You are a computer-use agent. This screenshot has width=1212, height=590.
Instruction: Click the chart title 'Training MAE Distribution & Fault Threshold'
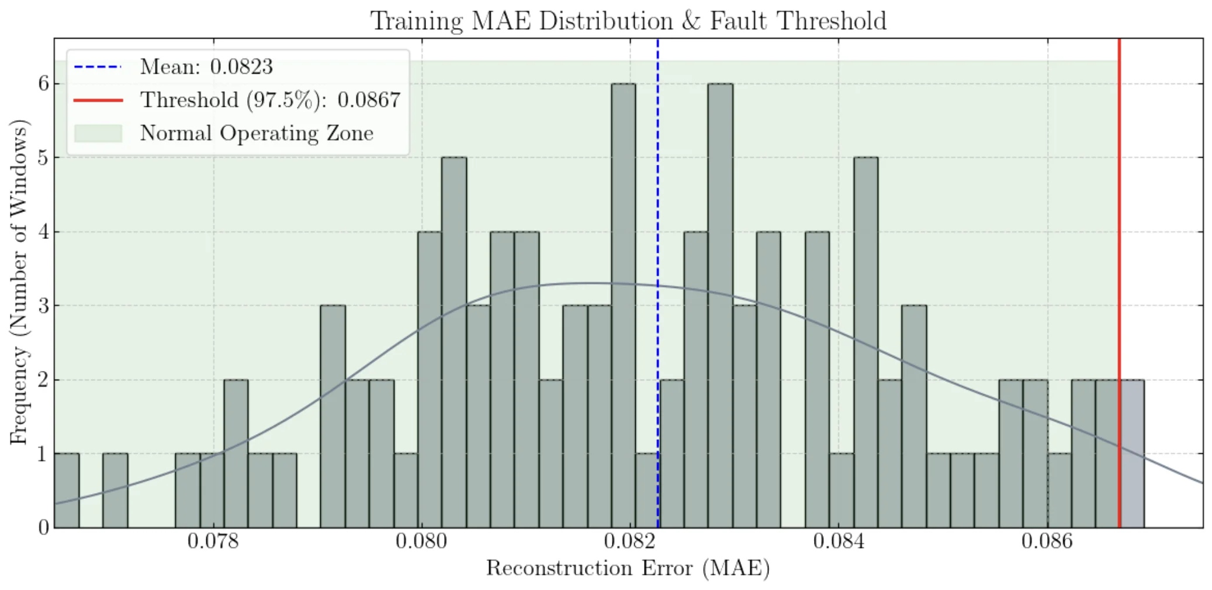[x=628, y=21]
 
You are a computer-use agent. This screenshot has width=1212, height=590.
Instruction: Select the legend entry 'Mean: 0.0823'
[x=206, y=67]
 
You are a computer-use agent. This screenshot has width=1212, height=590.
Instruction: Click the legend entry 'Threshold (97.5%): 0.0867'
[x=270, y=100]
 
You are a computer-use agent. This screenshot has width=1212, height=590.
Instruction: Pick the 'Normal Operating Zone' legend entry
[x=256, y=133]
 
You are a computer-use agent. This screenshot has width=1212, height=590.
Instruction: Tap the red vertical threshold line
[x=1119, y=234]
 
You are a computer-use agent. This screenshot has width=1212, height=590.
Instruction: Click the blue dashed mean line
[x=657, y=175]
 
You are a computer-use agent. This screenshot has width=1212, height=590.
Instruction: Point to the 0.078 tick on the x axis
[x=213, y=542]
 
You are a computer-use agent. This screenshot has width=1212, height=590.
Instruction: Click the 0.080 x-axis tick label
[x=421, y=542]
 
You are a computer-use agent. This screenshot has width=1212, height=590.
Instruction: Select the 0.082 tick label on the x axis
[x=630, y=542]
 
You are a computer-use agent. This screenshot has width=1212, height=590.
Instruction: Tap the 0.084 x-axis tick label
[x=839, y=542]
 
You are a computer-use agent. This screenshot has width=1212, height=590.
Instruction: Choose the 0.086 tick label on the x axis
[x=1047, y=542]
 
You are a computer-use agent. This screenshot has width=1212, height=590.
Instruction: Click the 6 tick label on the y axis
[x=43, y=84]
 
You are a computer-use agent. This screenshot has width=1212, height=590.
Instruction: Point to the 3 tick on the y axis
[x=43, y=306]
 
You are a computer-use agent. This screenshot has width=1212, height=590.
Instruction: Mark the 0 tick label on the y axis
[x=43, y=527]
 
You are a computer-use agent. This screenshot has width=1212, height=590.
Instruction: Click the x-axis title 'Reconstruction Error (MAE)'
[x=628, y=568]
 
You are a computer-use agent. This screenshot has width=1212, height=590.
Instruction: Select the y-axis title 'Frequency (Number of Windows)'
[x=19, y=282]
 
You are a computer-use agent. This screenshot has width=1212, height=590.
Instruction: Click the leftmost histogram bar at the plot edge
[x=66, y=490]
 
